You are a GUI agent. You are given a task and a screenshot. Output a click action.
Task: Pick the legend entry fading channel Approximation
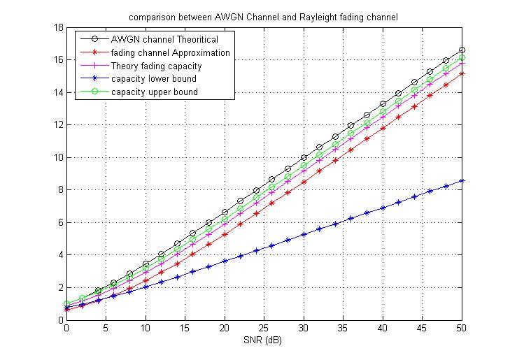point(170,52)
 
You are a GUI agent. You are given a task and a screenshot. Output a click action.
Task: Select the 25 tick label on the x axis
point(264,329)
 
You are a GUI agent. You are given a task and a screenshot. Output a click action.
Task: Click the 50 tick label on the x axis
point(462,329)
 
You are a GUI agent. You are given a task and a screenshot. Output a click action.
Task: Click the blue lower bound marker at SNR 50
point(462,180)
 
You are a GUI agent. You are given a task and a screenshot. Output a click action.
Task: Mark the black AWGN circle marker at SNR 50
point(462,50)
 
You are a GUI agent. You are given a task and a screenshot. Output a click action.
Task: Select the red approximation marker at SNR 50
point(462,73)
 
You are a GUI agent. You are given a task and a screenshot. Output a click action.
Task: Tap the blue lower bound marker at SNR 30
point(304,235)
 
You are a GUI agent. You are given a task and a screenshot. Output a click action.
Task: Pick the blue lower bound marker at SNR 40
point(383,208)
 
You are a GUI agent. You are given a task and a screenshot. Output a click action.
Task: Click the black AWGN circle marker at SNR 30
point(304,157)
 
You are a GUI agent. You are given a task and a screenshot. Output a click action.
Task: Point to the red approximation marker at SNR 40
point(383,128)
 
